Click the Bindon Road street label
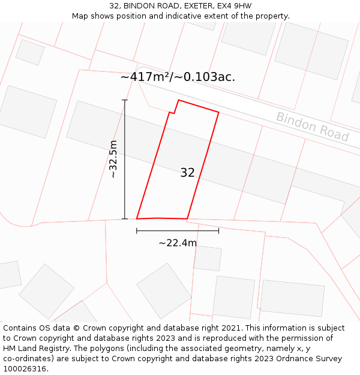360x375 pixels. (x=312, y=127)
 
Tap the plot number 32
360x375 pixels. (x=187, y=173)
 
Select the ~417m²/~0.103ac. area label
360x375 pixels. (x=178, y=77)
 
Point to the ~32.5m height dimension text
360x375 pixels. (x=113, y=159)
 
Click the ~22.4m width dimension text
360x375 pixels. (x=178, y=243)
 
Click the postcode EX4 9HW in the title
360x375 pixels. (x=232, y=6)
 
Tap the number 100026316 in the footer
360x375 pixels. (x=25, y=369)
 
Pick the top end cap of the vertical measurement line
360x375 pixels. (x=125, y=100)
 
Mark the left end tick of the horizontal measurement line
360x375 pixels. (x=137, y=230)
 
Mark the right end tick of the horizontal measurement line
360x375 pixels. (x=218, y=230)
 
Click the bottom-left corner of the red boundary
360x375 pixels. (x=137, y=218)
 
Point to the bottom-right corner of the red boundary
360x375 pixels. (x=187, y=219)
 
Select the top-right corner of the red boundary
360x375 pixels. (x=218, y=112)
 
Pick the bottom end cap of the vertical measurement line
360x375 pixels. (x=125, y=219)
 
